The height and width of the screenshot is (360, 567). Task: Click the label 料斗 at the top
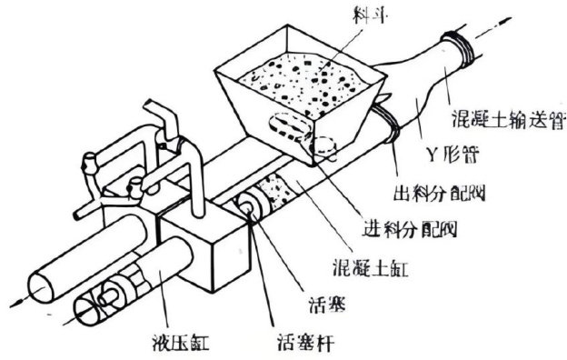[x=368, y=15]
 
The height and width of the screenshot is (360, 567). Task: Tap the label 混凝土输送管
[x=509, y=118]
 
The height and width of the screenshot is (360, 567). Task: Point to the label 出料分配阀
[x=439, y=193]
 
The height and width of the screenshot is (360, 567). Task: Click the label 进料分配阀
[x=410, y=228]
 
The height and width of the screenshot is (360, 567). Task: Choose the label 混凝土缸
[x=371, y=268]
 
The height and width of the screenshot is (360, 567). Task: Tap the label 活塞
[x=328, y=305]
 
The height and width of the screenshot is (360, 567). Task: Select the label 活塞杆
[x=306, y=342]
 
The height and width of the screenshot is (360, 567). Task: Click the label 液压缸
[x=181, y=342]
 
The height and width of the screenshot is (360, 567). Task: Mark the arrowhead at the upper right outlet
[x=505, y=21]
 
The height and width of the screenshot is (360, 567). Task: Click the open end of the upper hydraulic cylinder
[x=41, y=287]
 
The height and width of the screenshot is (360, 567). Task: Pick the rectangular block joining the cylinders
[x=204, y=246]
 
